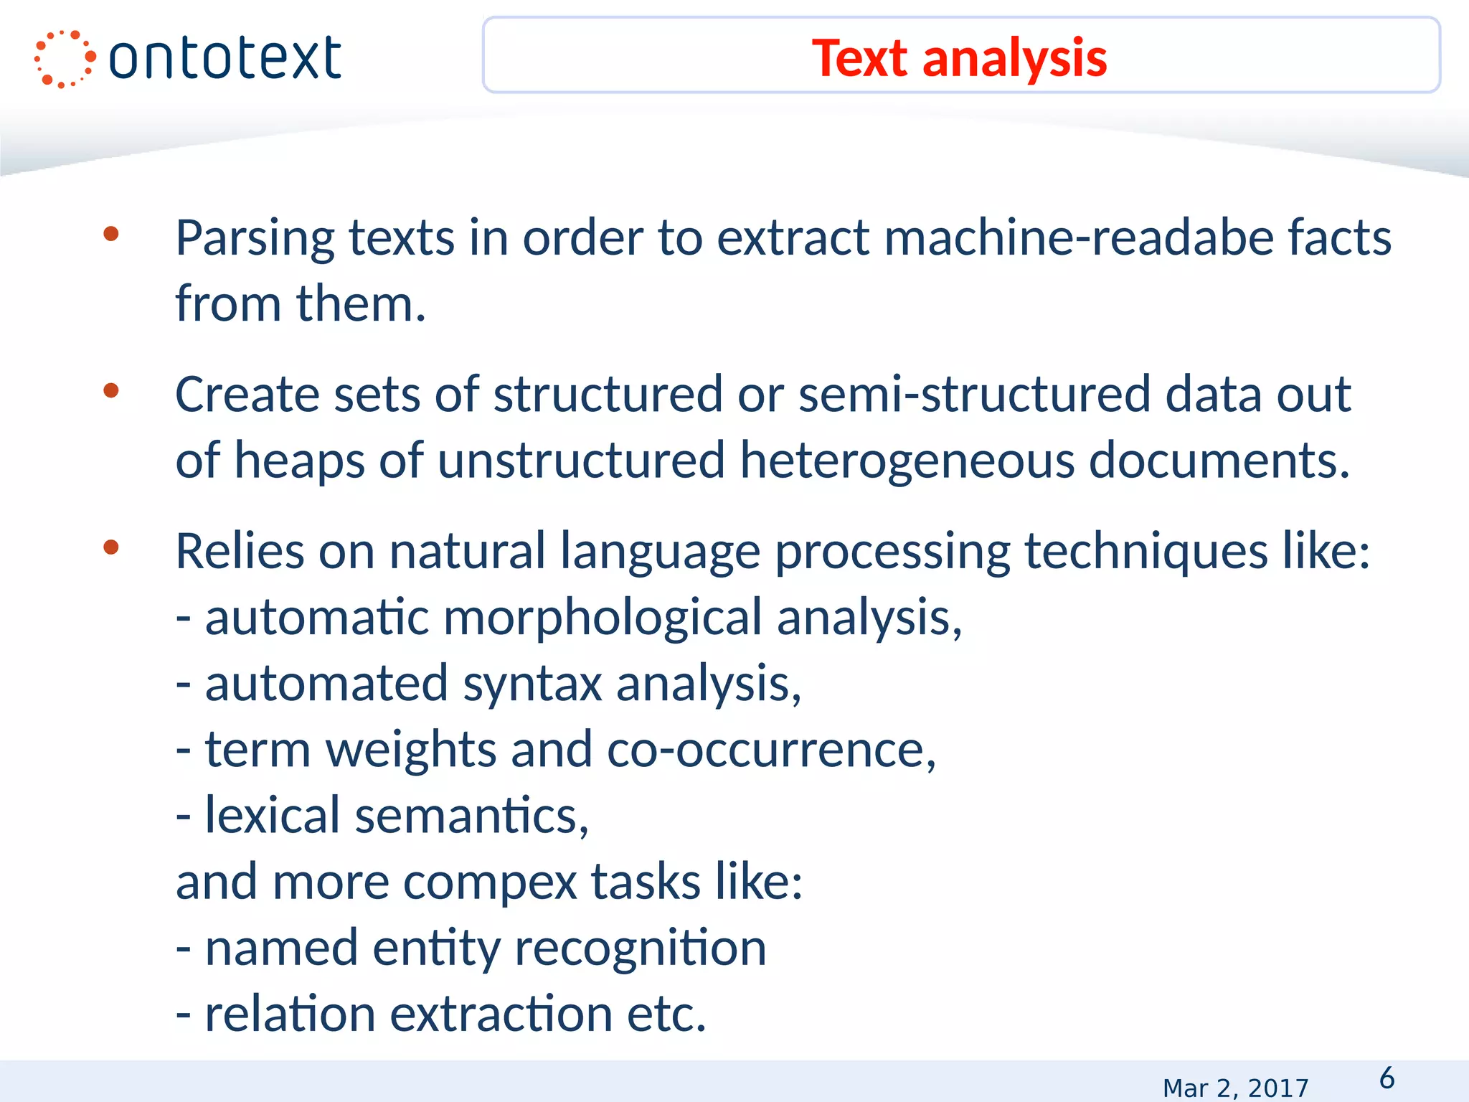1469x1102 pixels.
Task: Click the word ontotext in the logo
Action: coord(225,59)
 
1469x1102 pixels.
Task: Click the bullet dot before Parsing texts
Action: coord(111,234)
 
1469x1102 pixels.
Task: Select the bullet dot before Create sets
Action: coord(111,391)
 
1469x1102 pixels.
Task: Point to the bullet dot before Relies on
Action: coord(111,548)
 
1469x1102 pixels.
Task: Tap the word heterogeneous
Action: coord(906,461)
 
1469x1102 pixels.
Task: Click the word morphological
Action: coord(603,618)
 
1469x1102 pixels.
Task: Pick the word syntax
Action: coord(532,684)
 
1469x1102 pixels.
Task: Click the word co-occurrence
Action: coord(771,750)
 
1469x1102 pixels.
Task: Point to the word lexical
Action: coord(272,816)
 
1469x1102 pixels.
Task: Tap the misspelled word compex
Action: coord(490,882)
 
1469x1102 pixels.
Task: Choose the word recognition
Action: coord(641,948)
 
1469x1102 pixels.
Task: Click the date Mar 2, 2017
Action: coord(1235,1088)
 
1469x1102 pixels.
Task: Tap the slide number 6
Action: coord(1387,1078)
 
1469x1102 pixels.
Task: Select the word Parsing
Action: coord(255,238)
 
